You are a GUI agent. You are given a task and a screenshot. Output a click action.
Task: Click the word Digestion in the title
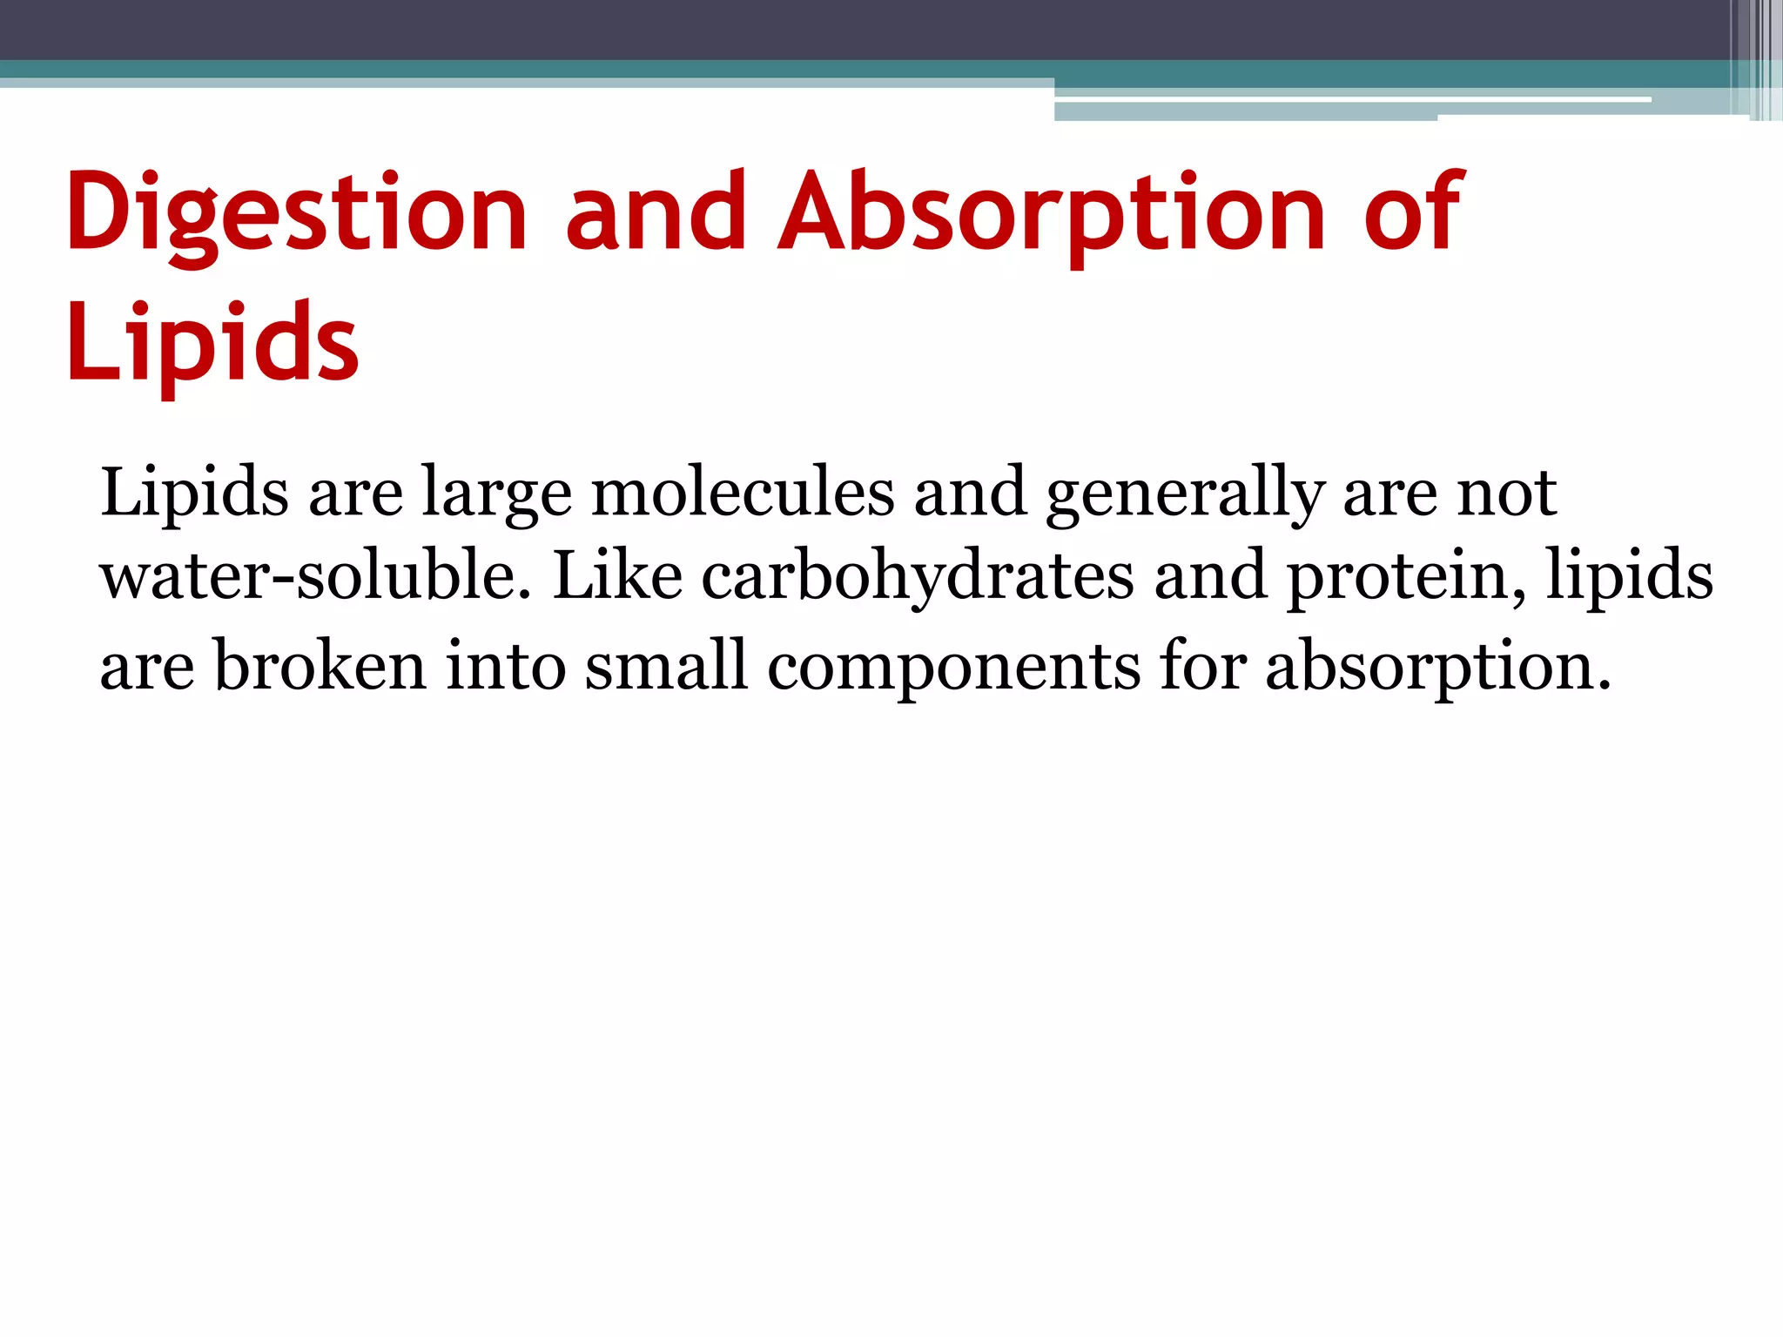(x=296, y=213)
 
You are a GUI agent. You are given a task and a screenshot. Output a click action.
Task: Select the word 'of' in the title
(x=1413, y=213)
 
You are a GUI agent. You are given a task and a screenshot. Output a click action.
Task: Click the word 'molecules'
(x=743, y=493)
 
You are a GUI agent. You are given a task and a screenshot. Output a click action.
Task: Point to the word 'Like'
(x=617, y=576)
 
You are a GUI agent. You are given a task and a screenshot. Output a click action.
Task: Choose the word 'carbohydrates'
(x=918, y=576)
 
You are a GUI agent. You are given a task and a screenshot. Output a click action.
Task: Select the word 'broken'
(x=320, y=666)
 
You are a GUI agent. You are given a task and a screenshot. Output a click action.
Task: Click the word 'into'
(x=506, y=666)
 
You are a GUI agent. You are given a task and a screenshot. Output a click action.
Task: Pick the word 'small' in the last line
(x=665, y=666)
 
